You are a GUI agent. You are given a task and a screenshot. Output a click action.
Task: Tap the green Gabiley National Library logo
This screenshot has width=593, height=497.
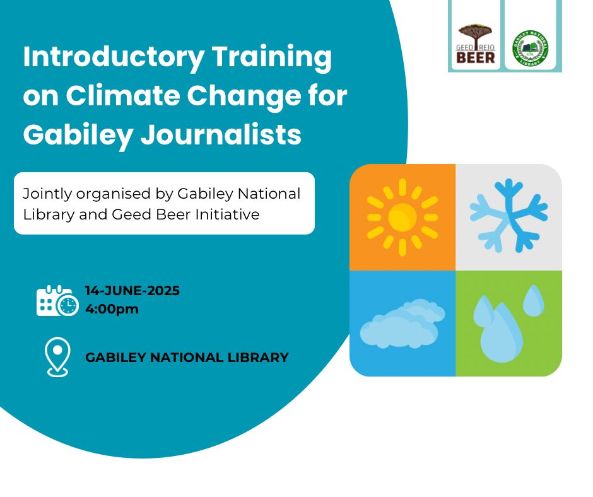(x=530, y=48)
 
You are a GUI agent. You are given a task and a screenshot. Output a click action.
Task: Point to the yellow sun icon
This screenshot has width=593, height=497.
(x=402, y=217)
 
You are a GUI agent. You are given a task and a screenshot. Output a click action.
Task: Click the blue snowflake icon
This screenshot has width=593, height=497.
(x=508, y=216)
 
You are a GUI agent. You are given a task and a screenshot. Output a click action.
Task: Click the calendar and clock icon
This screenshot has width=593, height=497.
(x=57, y=301)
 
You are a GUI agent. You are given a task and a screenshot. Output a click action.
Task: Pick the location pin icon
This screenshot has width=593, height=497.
(x=57, y=357)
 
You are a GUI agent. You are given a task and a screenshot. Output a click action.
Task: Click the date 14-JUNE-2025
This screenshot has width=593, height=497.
(x=132, y=291)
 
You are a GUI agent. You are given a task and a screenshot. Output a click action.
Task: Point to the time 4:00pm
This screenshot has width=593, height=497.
(x=112, y=309)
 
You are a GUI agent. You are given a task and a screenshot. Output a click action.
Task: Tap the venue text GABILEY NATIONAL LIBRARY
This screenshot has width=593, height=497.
(x=187, y=358)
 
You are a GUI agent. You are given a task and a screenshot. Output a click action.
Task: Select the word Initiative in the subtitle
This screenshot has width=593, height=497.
(x=231, y=214)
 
